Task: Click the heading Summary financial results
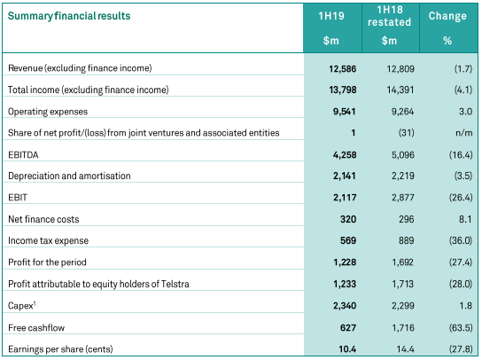click(x=69, y=16)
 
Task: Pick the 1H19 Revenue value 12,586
click(x=342, y=68)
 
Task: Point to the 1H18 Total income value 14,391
click(x=400, y=90)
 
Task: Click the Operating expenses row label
click(x=48, y=112)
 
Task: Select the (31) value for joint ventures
click(x=407, y=133)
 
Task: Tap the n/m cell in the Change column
click(x=464, y=133)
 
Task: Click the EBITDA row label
click(x=23, y=155)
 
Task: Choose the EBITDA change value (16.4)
click(x=461, y=155)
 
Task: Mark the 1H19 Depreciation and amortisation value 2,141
click(x=345, y=176)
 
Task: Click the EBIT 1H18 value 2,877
click(x=402, y=198)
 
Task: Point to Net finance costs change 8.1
click(x=465, y=219)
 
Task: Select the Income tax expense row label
click(x=48, y=240)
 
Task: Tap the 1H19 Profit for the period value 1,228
click(x=345, y=262)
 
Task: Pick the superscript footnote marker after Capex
click(x=35, y=303)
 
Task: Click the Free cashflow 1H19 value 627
click(x=348, y=328)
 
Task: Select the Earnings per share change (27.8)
click(x=461, y=349)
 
